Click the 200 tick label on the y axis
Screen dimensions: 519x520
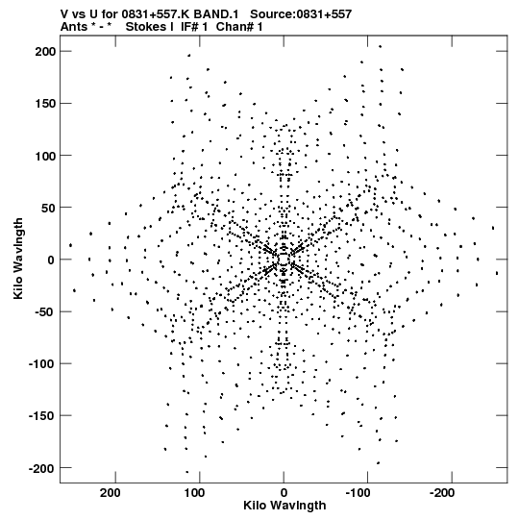coord(45,52)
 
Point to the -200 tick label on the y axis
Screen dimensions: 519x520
coord(42,468)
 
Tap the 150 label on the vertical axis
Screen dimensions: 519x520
coord(45,104)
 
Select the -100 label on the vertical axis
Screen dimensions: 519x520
coord(42,364)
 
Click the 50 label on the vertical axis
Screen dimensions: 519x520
coord(48,208)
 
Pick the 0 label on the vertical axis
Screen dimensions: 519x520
coord(51,260)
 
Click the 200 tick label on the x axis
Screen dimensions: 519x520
coord(111,493)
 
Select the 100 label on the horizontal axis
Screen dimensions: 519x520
coord(194,493)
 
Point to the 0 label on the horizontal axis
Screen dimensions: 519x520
coord(284,493)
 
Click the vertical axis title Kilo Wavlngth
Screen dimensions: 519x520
coord(18,259)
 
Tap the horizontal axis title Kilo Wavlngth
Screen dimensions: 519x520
coord(284,506)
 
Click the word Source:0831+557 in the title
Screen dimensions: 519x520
coord(301,14)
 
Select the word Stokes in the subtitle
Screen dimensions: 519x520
coord(150,27)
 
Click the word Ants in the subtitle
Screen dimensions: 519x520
coord(74,27)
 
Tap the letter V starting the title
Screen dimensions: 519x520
coord(64,14)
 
